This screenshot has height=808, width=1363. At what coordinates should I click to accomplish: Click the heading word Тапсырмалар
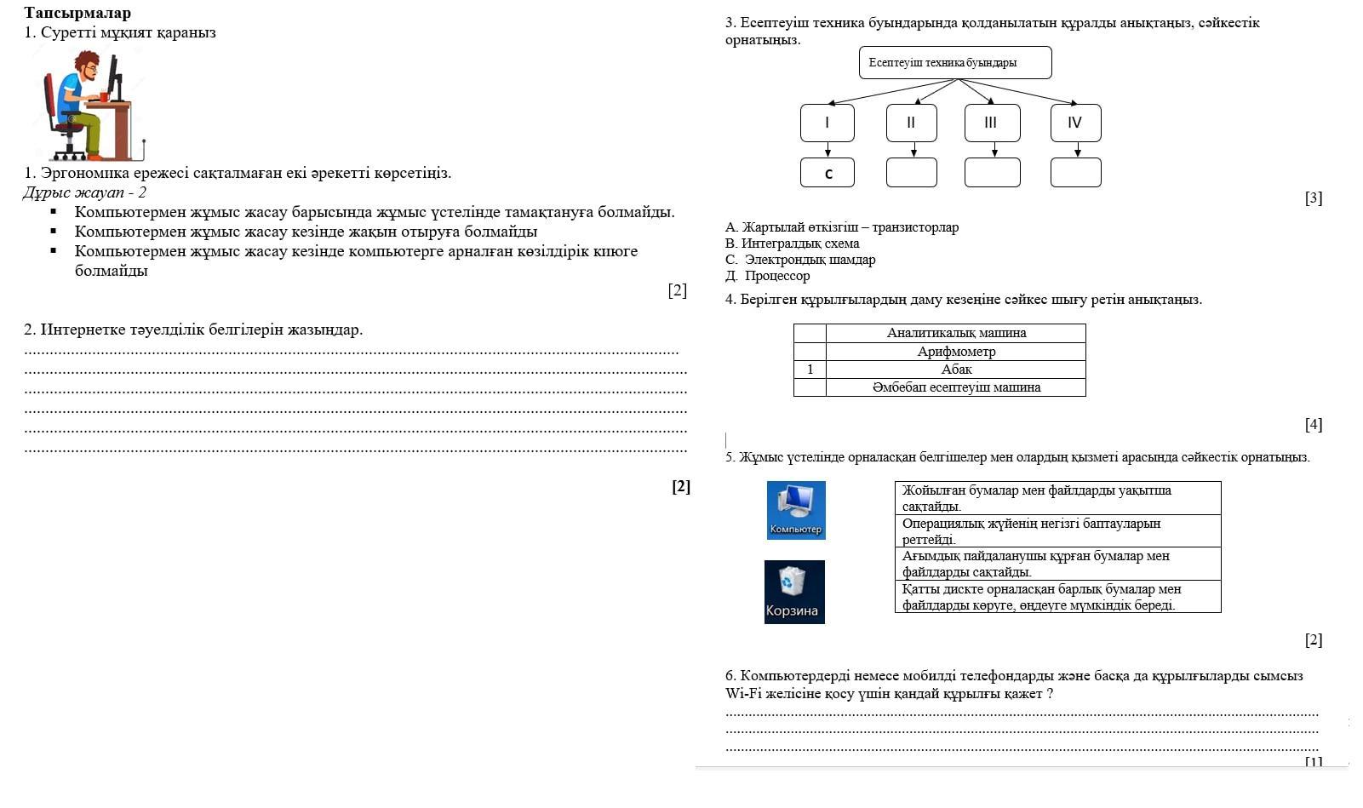[77, 13]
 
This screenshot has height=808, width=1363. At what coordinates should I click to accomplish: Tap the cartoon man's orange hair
[86, 60]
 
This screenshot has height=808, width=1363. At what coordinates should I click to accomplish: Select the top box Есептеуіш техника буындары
[954, 63]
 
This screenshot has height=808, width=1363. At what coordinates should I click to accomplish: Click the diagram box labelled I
[827, 123]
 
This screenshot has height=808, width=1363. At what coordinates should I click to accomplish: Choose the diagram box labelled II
[911, 123]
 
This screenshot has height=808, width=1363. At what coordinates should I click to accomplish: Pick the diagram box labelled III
[992, 123]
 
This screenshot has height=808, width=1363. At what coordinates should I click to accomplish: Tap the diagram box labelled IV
[1075, 123]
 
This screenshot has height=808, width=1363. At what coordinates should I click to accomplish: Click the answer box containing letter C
[827, 173]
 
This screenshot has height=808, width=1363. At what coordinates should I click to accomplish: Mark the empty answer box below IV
[1075, 173]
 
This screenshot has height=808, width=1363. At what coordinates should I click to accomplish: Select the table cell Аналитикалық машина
[955, 333]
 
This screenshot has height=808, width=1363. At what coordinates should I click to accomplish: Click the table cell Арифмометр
[955, 352]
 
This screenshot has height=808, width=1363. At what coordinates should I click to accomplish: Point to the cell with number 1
[810, 370]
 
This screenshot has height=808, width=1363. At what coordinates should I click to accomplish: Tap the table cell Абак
[955, 370]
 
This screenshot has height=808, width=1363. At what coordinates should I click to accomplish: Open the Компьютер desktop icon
[796, 509]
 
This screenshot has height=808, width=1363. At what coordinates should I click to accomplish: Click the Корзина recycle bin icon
[794, 591]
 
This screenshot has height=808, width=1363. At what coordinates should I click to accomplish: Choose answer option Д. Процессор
[768, 276]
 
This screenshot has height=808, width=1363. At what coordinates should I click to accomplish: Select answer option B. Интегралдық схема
[793, 244]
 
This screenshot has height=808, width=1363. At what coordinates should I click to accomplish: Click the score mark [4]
[1313, 424]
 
